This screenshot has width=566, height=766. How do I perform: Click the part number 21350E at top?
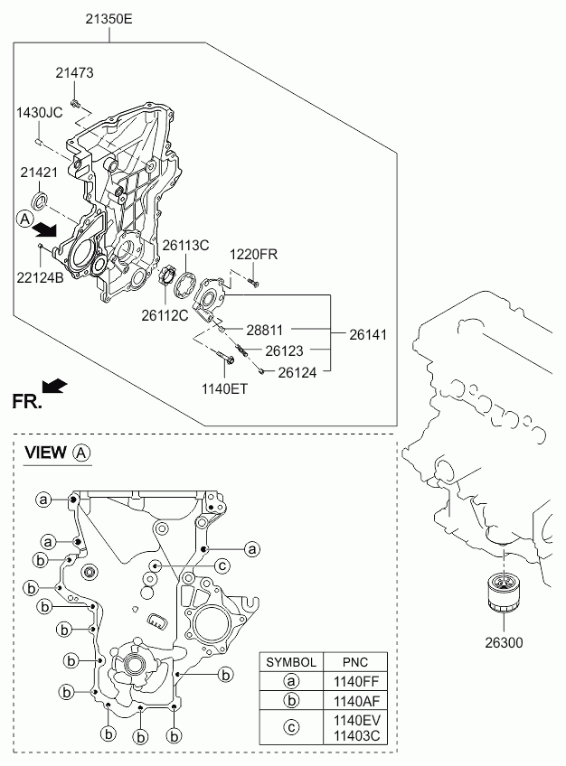[108, 17]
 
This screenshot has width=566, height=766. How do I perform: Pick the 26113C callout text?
[185, 245]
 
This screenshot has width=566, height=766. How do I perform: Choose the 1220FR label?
[252, 255]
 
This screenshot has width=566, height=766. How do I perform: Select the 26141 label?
[367, 334]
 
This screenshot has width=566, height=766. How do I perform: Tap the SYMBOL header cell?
[290, 662]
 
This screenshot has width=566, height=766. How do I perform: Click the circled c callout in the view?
[221, 565]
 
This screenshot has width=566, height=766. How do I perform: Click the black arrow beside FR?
[56, 387]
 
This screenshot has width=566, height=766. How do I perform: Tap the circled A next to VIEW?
[81, 453]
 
